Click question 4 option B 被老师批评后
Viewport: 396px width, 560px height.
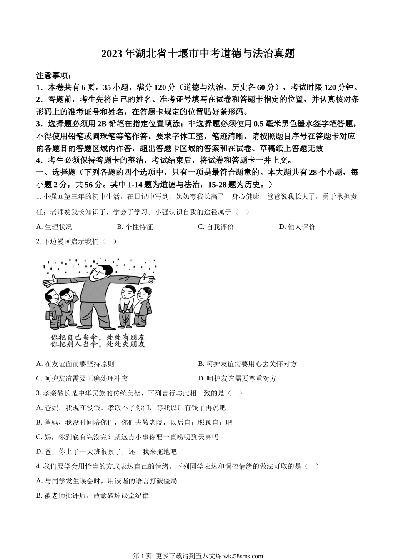pos(92,495)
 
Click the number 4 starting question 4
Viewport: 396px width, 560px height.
pos(38,466)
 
